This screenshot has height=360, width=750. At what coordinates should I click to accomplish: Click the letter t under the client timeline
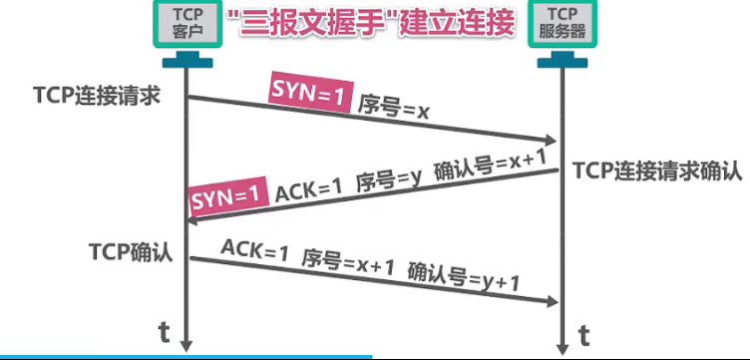(x=165, y=331)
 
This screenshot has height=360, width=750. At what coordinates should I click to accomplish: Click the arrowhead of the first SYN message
(x=552, y=143)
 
